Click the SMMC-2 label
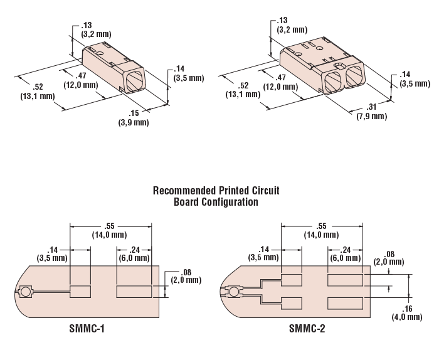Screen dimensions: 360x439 pos(308,327)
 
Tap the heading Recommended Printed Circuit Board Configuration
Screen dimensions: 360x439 pos(216,196)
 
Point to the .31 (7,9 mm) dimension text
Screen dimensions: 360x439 pos(372,112)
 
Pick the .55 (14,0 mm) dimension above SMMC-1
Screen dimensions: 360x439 pos(111,230)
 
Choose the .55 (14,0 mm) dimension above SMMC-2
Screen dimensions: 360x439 pos(321,230)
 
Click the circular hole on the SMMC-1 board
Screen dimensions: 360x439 pos(26,292)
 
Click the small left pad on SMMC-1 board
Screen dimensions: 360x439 pos(80,292)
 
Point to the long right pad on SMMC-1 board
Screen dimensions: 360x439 pos(134,292)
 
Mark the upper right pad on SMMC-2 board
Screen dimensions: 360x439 pos(346,280)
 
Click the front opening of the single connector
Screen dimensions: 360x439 pos(134,81)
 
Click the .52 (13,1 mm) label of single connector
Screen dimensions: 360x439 pos(36,92)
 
